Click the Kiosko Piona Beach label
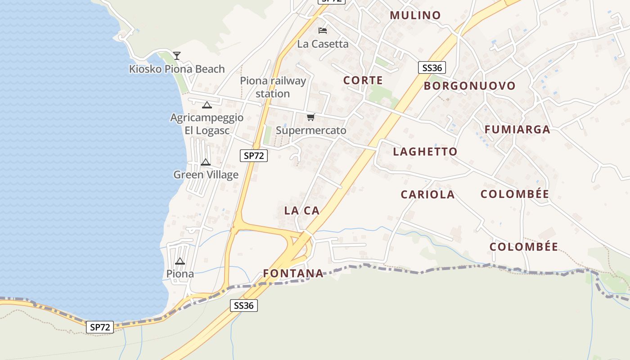(x=177, y=69)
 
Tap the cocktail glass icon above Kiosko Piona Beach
(x=177, y=55)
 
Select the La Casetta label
(x=323, y=44)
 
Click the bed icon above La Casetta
(x=323, y=31)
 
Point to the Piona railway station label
(x=273, y=87)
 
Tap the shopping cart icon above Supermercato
(x=310, y=117)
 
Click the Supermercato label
(x=311, y=130)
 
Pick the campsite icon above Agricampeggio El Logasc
(x=207, y=105)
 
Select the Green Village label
(x=206, y=175)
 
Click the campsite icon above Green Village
(x=206, y=162)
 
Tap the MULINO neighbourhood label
(x=415, y=15)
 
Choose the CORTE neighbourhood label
(x=363, y=81)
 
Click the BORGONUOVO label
(x=469, y=86)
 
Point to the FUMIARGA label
(x=517, y=130)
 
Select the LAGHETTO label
(x=425, y=152)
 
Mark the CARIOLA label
(x=427, y=194)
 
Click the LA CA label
(x=301, y=210)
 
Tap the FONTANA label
(x=293, y=273)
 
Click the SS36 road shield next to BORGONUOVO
(x=432, y=68)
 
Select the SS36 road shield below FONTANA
(x=244, y=306)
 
